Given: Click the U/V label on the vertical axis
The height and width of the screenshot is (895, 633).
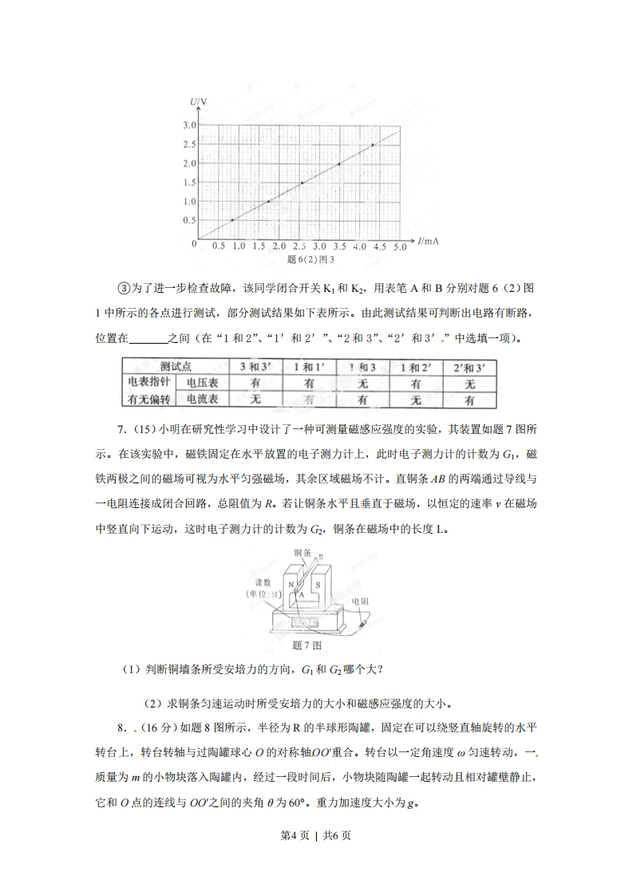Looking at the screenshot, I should pos(199,101).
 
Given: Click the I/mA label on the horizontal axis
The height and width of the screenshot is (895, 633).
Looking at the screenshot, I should pos(428,240).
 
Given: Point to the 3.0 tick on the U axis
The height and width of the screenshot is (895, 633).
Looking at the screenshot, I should pos(190,126).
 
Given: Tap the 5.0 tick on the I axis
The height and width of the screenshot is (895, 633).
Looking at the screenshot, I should pos(400,247).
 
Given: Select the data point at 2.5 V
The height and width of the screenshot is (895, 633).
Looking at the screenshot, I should pos(373,145).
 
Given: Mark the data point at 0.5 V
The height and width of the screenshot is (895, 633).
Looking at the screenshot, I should pos(232,220).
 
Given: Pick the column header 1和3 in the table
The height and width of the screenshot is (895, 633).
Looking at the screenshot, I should pos(362,365).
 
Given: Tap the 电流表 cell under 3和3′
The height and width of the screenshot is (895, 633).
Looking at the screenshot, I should pos(256,398).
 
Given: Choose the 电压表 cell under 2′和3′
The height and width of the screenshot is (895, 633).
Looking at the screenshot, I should pos(469,382).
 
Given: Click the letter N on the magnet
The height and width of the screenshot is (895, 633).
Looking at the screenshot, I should pos(292,585).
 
